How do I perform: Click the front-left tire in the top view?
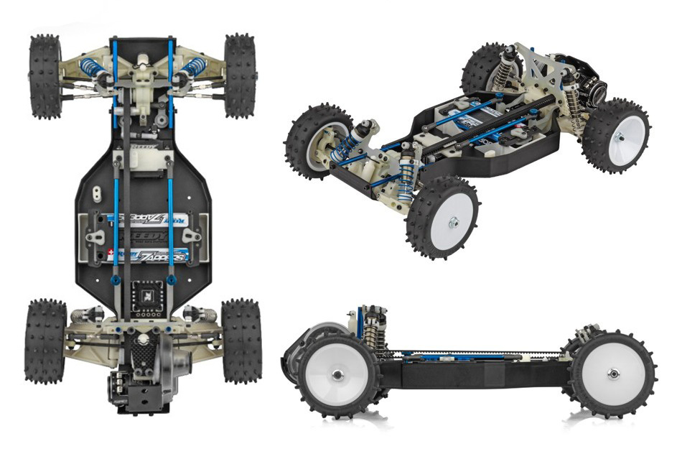(45, 75)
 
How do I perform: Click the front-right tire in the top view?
(241, 75)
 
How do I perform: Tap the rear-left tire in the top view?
(45, 341)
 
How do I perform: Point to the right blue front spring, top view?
(193, 68)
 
